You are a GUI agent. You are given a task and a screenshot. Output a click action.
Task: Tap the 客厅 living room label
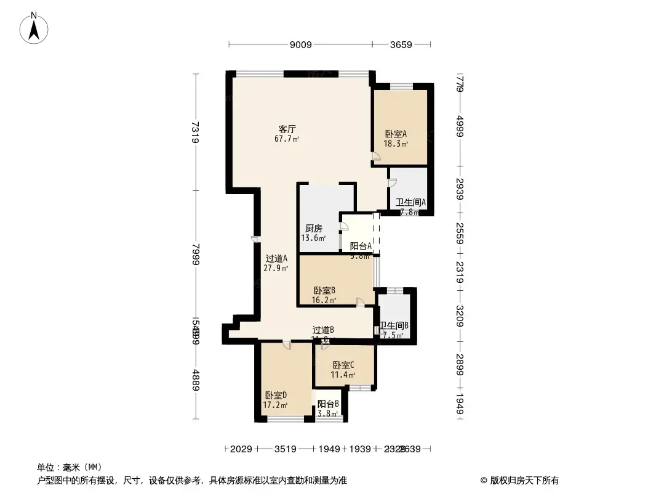tap(287, 129)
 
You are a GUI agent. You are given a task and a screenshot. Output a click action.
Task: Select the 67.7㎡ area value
tap(287, 139)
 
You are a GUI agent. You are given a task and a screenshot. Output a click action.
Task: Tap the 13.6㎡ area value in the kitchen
tap(313, 238)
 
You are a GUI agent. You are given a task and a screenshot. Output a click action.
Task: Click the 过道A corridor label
tap(276, 259)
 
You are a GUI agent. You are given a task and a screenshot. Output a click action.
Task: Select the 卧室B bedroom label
tap(324, 291)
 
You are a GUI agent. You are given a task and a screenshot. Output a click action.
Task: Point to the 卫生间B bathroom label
tap(394, 326)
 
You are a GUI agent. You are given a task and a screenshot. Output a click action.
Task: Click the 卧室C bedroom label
tap(343, 365)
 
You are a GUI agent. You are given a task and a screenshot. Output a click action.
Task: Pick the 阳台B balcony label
tap(328, 404)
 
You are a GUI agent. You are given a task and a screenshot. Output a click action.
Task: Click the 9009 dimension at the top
tap(301, 44)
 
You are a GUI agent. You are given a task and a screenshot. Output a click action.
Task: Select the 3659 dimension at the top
tap(401, 44)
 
